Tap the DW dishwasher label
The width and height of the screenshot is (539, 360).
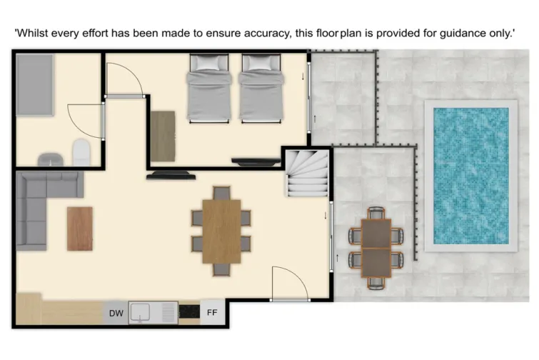pos(116,313)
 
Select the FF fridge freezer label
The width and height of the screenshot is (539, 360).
pos(212,313)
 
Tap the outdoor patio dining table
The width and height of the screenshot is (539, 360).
pos(376,247)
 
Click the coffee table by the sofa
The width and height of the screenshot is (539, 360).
pos(80,229)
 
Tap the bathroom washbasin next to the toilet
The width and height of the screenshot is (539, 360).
pos(51,159)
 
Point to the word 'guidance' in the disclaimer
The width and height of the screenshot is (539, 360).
pos(452,33)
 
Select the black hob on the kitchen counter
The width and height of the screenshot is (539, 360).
pos(188,312)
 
